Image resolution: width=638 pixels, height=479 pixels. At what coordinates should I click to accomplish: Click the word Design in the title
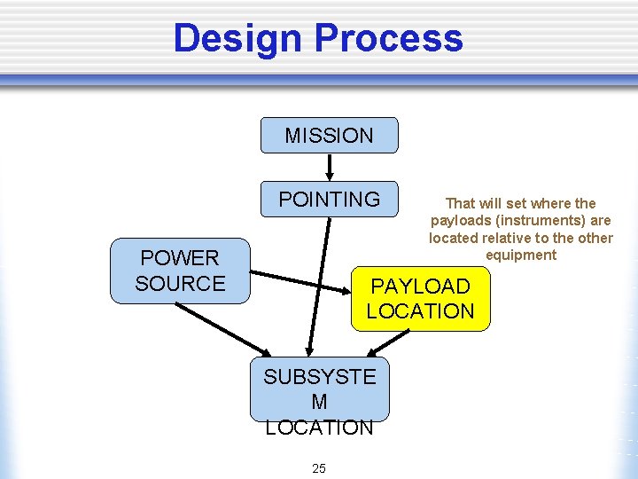click(237, 39)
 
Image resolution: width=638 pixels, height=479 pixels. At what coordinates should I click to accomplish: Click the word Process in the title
click(388, 39)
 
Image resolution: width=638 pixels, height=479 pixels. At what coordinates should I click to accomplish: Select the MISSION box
click(329, 136)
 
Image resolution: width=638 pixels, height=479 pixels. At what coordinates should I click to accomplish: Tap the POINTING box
click(329, 200)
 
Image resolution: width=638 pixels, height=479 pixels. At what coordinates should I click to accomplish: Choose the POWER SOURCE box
click(180, 271)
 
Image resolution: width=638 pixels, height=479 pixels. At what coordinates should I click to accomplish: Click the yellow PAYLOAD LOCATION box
click(420, 299)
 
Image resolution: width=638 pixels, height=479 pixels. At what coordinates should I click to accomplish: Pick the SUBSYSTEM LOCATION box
click(319, 390)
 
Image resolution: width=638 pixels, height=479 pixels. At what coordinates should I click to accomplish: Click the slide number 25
click(319, 468)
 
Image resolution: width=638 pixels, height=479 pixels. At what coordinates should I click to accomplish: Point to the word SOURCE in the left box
click(180, 284)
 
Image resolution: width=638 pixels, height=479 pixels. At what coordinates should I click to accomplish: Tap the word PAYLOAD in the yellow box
click(420, 287)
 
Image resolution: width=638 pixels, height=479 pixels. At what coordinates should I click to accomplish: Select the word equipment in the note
click(521, 255)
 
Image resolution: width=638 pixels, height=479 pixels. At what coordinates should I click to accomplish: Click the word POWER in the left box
click(180, 258)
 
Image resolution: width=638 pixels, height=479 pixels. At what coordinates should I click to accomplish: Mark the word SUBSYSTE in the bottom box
click(319, 377)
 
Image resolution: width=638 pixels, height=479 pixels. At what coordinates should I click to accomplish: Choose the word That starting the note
click(460, 203)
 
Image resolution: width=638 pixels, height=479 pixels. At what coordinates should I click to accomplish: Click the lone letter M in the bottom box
click(319, 402)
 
